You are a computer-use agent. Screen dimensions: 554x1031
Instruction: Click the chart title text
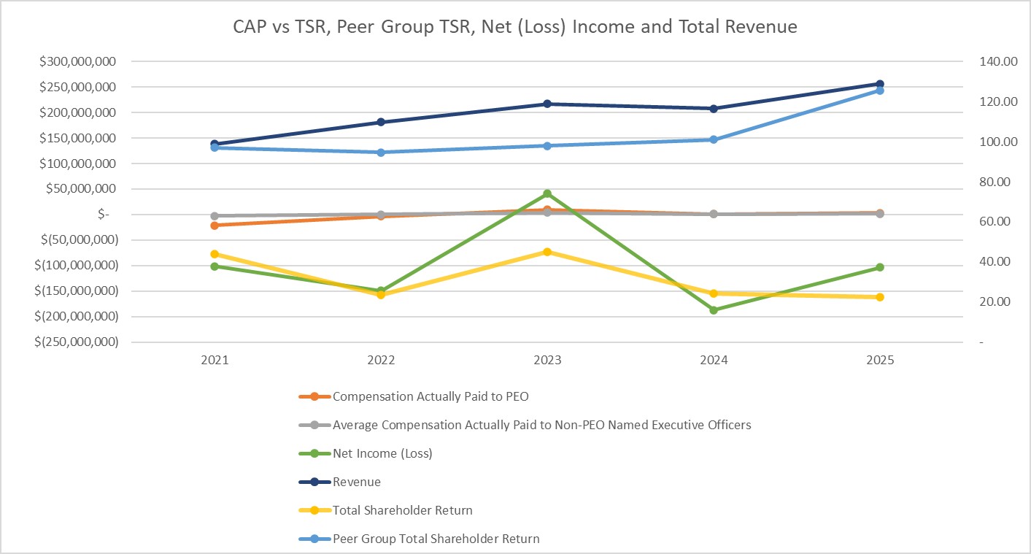[515, 27]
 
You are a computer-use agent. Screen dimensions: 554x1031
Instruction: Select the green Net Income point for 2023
[547, 193]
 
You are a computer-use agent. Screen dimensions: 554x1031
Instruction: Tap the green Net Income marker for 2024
[714, 310]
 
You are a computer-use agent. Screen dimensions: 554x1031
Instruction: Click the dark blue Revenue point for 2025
[880, 84]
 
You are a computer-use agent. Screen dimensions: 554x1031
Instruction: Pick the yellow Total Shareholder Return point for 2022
[381, 295]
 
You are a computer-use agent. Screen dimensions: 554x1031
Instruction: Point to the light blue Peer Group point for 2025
[880, 91]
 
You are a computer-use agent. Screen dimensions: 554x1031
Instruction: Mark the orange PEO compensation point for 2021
[215, 226]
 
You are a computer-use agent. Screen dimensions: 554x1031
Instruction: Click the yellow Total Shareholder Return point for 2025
[880, 297]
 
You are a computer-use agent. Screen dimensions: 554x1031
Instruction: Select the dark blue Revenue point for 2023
[547, 104]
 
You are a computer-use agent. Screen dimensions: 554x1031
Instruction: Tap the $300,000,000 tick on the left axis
[78, 62]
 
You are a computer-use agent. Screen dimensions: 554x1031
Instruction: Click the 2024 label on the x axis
[714, 361]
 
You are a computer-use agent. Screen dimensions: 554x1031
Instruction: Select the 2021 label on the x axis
[215, 361]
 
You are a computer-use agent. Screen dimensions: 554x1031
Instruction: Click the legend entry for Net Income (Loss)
[382, 453]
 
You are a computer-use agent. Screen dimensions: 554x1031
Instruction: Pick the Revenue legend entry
[357, 482]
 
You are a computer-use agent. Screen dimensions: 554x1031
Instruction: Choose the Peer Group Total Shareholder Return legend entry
[436, 539]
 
